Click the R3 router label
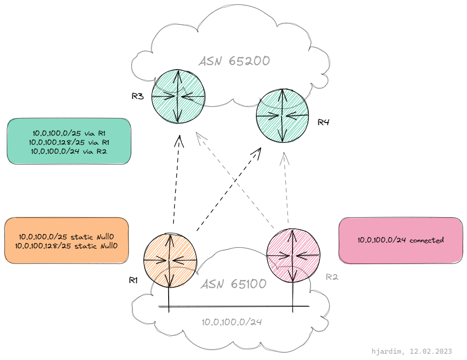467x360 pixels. point(137,96)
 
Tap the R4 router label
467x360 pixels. point(323,122)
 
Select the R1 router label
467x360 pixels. point(133,280)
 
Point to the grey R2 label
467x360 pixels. point(332,277)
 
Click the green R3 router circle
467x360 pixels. point(178,96)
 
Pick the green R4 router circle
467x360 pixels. point(283,115)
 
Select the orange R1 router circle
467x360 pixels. point(170,261)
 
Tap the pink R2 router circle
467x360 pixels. point(293,256)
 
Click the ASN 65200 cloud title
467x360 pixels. point(234,61)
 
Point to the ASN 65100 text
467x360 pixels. point(234,284)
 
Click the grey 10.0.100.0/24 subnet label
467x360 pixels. point(232,322)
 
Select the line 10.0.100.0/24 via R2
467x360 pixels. point(69,152)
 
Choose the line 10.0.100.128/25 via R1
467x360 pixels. point(69,142)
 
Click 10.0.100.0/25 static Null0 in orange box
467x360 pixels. point(66,237)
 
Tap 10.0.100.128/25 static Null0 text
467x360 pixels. point(66,246)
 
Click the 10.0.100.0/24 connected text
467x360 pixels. point(401,240)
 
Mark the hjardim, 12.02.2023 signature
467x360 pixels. point(411,351)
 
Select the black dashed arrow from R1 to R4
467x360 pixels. point(229,189)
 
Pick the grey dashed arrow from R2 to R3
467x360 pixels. point(235,180)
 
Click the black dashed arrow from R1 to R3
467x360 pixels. point(176,180)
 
